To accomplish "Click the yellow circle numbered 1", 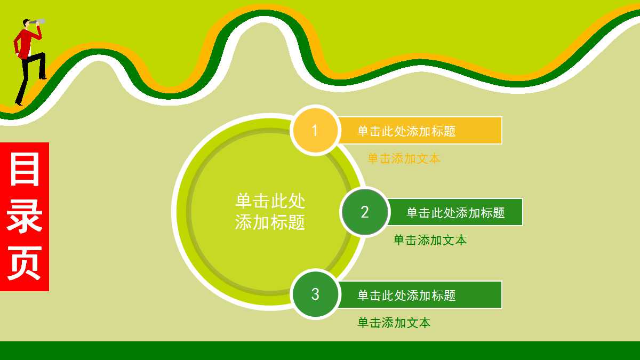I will coord(315,131).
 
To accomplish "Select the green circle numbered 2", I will coord(365,212).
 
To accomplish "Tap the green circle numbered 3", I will coord(315,294).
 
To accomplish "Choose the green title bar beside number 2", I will coord(455,212).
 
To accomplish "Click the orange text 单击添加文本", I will coord(404,158).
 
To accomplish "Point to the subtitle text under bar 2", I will coord(430,241).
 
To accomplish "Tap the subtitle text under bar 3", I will coord(394,323).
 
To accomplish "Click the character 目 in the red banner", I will coord(25,170).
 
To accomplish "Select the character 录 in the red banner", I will coord(25,216).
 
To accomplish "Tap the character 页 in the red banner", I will coord(25,263).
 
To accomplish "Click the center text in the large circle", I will coord(270,211).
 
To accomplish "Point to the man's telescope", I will coord(38,22).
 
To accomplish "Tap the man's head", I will coord(26,23).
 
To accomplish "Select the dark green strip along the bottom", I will coord(320,350).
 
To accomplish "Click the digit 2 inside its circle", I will coord(365,212).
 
